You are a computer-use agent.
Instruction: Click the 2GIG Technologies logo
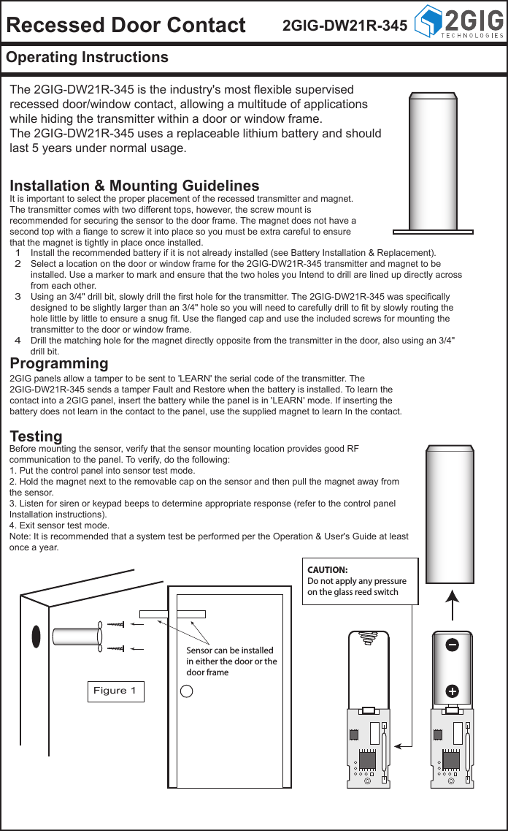pos(458,23)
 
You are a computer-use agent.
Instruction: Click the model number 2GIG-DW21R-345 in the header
pos(345,26)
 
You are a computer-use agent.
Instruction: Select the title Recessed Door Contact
pos(126,25)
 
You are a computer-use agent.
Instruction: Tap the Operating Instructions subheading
pos(87,57)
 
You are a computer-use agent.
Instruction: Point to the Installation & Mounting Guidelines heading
pos(134,186)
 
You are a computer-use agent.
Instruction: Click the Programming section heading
pos(59,363)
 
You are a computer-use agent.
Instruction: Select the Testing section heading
pos(36,436)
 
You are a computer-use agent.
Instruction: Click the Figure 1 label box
pos(115,691)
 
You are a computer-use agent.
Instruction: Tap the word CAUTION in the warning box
pos(327,569)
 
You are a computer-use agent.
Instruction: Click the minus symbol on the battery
pos(452,645)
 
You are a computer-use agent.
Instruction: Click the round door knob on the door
pos(186,691)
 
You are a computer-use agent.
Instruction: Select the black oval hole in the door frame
pos(34,636)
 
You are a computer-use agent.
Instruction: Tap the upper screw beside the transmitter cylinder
pos(116,624)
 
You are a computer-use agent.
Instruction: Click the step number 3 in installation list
pos(18,297)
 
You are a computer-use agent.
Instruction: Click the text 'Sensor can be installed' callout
pos(230,650)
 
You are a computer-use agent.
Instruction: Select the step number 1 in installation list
pos(18,253)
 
